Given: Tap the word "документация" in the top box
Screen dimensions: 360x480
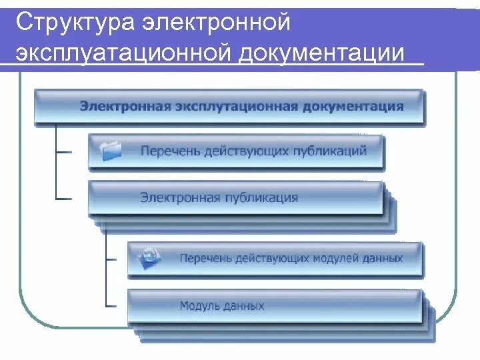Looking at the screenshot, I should coord(353,106).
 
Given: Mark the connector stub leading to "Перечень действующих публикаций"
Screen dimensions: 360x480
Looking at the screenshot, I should coord(65,151).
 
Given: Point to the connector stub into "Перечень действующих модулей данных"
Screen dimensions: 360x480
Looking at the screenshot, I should coord(117,257).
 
